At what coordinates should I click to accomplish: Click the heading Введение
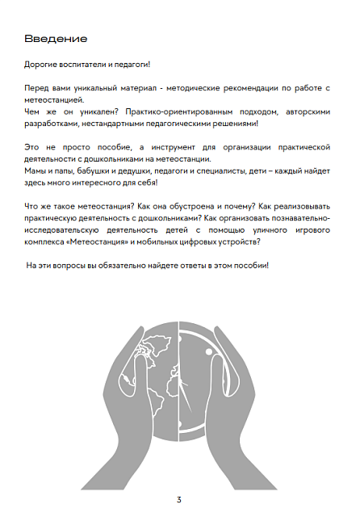pyautogui.click(x=56, y=39)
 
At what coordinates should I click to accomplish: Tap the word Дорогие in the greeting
pyautogui.click(x=42, y=64)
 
